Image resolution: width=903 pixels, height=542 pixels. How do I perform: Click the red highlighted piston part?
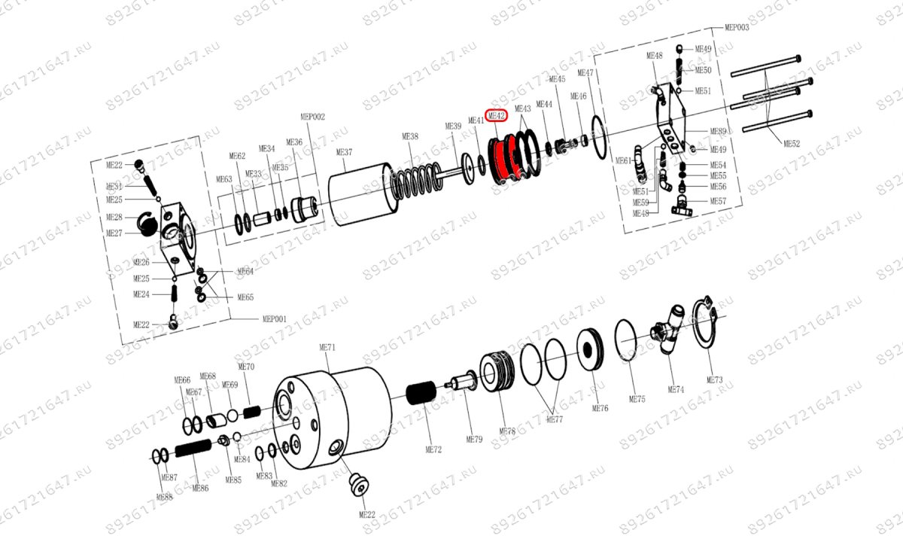pos(500,160)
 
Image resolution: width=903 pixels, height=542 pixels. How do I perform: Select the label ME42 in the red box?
pos(497,116)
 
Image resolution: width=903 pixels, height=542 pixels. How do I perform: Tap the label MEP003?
pos(737,27)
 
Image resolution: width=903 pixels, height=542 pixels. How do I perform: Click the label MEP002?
pos(312,117)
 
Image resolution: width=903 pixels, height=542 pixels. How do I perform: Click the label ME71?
pos(327,347)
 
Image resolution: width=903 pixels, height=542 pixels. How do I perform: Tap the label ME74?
pos(676,389)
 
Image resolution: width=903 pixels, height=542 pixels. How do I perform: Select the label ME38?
pos(410,136)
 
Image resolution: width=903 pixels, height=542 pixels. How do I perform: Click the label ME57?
pos(718,201)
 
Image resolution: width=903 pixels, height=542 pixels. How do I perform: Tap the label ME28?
pos(114,217)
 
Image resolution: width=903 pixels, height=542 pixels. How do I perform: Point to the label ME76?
pos(600,408)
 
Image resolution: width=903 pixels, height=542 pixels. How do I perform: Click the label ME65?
pos(245,297)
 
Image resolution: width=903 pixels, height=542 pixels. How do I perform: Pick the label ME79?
pos(474,440)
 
